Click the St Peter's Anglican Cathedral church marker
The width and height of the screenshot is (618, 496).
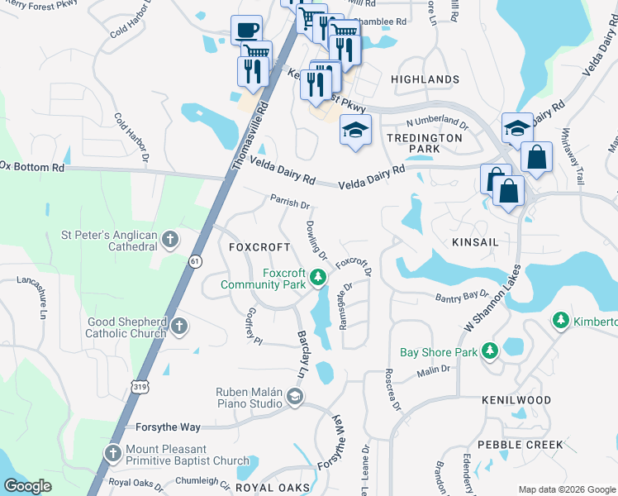(170, 241)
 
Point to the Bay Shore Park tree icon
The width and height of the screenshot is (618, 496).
(490, 351)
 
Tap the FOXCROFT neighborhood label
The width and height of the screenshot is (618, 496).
(259, 247)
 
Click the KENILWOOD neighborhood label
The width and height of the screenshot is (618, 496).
(516, 400)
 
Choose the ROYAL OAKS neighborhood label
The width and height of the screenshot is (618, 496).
(273, 488)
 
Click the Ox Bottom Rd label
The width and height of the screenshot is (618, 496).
(31, 166)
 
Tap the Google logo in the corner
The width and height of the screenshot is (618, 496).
(28, 486)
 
